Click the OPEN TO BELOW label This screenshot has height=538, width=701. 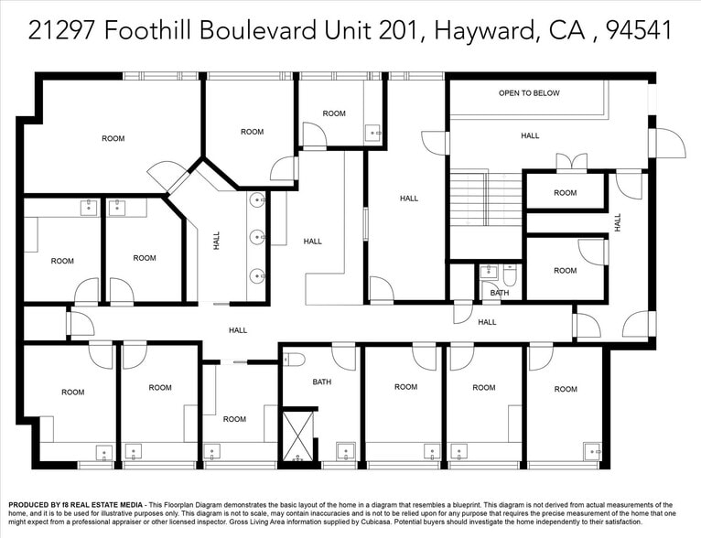pyautogui.click(x=529, y=93)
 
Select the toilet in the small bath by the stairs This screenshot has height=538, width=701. pyautogui.click(x=510, y=274)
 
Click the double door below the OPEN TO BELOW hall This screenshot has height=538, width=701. pyautogui.click(x=572, y=162)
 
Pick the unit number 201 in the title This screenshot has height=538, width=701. pyautogui.click(x=399, y=30)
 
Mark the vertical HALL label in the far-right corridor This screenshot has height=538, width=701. pyautogui.click(x=618, y=221)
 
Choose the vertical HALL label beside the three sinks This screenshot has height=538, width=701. pyautogui.click(x=217, y=241)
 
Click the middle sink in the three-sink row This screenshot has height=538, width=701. pyautogui.click(x=257, y=237)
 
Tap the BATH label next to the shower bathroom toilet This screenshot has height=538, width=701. pyautogui.click(x=322, y=382)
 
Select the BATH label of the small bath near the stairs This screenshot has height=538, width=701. pyautogui.click(x=499, y=293)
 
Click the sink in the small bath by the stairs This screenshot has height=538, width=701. pyautogui.click(x=488, y=272)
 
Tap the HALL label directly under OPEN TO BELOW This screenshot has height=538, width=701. pyautogui.click(x=530, y=135)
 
